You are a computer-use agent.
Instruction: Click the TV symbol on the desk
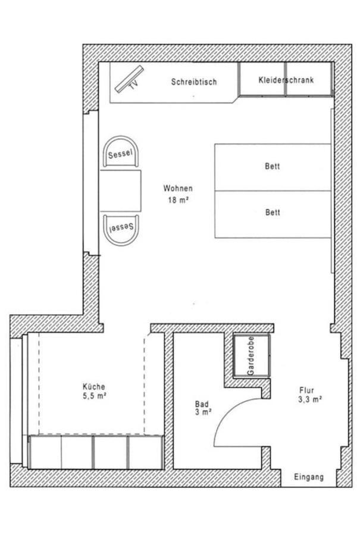coord(129,79)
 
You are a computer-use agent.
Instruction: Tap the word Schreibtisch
coord(194,82)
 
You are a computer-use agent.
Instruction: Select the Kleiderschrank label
coord(286,80)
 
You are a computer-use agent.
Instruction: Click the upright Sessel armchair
coord(120,152)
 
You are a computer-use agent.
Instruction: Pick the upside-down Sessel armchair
coord(121,230)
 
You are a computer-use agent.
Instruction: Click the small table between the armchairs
coord(120,190)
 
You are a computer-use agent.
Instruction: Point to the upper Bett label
coord(273,167)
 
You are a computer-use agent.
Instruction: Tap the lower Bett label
coord(273,212)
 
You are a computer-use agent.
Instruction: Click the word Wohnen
coord(178,188)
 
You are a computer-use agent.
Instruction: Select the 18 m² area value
coord(179,200)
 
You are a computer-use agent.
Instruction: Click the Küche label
coord(93,386)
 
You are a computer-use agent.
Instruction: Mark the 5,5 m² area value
coord(94,396)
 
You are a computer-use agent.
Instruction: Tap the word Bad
coord(202,404)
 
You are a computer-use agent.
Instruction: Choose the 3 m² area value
coord(203,412)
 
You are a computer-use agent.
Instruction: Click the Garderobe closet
coord(252,356)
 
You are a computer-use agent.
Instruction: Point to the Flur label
coord(306,390)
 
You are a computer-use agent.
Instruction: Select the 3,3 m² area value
coord(310,399)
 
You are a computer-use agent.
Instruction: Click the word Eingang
coord(309,477)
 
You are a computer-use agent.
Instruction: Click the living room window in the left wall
coord(90,183)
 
